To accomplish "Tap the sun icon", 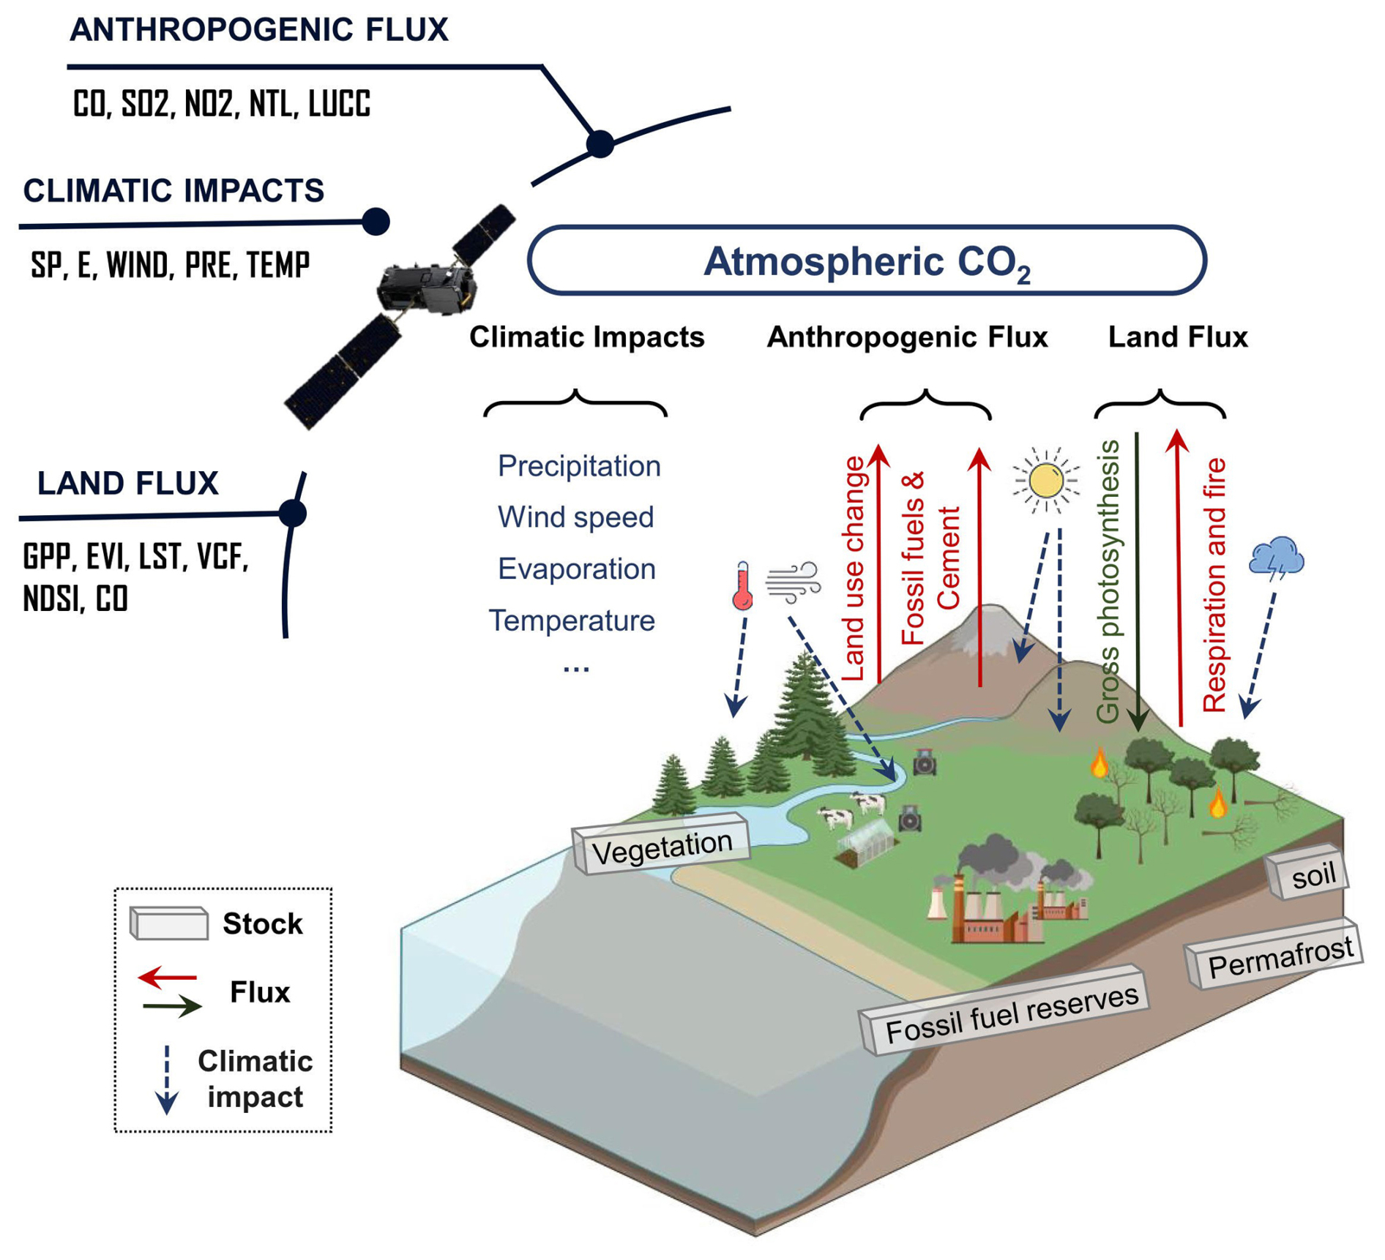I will [1045, 481].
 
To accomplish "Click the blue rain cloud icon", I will [1276, 557].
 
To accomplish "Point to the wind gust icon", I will [793, 582].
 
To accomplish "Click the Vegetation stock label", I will [662, 845].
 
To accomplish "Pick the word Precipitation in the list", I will [578, 466].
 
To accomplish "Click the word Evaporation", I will [576, 569].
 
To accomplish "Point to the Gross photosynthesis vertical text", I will [1109, 582].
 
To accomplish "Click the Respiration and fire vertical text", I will [1214, 585].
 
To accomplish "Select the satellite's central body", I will [425, 289].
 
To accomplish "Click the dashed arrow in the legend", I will [167, 1079].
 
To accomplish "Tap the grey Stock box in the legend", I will [168, 923].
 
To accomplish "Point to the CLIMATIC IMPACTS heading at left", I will [173, 191].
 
